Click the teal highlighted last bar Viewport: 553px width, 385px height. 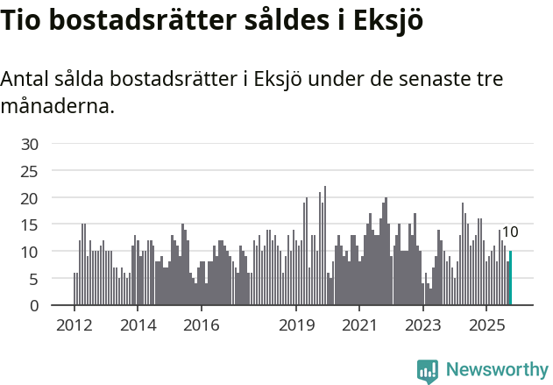(510, 279)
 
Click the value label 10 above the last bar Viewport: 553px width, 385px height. (510, 232)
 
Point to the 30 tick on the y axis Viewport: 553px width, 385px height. (31, 144)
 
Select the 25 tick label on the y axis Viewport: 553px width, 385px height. (31, 171)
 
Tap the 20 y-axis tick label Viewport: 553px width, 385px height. (31, 198)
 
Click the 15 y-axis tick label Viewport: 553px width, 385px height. (31, 225)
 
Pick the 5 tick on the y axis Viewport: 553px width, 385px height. (34, 280)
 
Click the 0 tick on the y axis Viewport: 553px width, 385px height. (34, 306)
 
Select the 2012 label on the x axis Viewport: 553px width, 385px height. (74, 325)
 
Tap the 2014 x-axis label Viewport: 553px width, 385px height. (137, 325)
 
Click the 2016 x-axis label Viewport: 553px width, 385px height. (201, 325)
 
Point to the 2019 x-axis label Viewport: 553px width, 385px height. (296, 325)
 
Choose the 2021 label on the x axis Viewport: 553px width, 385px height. (359, 325)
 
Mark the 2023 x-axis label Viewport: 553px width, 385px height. (423, 325)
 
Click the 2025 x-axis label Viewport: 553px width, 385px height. (486, 325)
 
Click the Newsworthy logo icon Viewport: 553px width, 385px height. (428, 371)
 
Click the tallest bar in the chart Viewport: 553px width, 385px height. (325, 246)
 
